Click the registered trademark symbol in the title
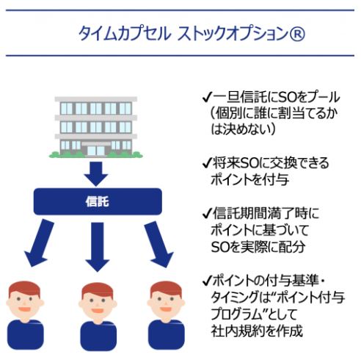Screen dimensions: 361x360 (297, 33)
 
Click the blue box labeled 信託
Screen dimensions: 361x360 (98, 201)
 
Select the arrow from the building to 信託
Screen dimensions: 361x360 (96, 173)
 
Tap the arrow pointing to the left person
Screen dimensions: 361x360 (39, 243)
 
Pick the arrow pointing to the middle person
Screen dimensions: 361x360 (98, 247)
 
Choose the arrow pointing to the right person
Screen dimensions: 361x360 (158, 244)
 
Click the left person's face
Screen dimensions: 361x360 (25, 303)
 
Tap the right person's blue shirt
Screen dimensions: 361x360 (167, 335)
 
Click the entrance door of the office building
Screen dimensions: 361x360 (96, 151)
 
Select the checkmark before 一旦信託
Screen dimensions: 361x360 (207, 98)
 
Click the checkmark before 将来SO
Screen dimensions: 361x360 (207, 163)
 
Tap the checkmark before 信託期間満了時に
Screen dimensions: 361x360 (207, 214)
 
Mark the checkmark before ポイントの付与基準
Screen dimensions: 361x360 (207, 281)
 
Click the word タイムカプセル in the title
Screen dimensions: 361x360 (124, 34)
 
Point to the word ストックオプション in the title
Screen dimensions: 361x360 (233, 34)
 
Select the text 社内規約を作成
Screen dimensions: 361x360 (257, 331)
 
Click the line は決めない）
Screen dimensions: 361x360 (243, 129)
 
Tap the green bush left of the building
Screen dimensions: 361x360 (55, 154)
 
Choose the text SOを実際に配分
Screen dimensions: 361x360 (258, 247)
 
